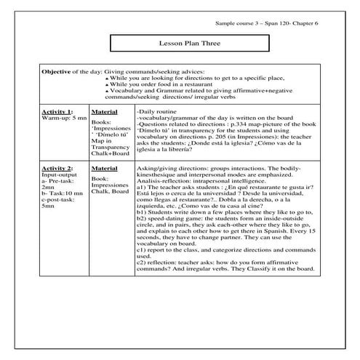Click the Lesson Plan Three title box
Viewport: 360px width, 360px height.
[x=178, y=44]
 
